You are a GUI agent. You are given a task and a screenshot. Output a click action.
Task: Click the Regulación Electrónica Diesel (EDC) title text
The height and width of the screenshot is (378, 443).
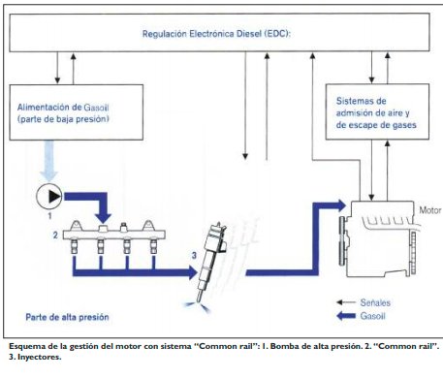click(x=216, y=34)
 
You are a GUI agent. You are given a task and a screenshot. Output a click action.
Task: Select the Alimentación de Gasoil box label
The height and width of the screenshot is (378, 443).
click(x=63, y=113)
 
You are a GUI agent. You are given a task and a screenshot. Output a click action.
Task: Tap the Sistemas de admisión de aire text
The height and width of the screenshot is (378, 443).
click(x=376, y=112)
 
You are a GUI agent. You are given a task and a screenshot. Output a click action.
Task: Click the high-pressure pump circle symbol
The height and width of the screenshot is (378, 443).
click(x=49, y=196)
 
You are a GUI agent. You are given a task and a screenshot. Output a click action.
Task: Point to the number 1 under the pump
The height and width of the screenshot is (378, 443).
click(x=49, y=216)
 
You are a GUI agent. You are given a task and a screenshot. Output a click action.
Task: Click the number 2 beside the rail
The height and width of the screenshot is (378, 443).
click(x=55, y=236)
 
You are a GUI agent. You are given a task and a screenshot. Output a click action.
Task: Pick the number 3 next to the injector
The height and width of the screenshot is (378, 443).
click(x=194, y=256)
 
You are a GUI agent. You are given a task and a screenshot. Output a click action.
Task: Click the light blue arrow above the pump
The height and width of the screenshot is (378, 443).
click(x=48, y=161)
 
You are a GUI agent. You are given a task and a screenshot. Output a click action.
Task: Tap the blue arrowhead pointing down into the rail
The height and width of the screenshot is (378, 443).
click(x=103, y=218)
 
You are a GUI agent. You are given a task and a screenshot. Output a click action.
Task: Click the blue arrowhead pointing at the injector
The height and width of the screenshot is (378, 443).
click(x=193, y=272)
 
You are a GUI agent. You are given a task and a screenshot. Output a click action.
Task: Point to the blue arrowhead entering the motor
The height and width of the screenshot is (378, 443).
click(x=341, y=205)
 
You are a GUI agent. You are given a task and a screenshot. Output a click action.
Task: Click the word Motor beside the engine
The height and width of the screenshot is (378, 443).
click(x=430, y=210)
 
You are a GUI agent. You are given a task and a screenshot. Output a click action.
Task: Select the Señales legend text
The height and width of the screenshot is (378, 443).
click(x=375, y=302)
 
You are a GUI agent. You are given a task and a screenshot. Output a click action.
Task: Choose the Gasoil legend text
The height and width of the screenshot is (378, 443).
click(x=372, y=316)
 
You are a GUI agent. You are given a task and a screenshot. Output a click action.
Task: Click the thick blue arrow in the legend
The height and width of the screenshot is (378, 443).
click(x=346, y=316)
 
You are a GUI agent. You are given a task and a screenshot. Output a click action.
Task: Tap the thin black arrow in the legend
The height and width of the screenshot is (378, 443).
click(x=346, y=302)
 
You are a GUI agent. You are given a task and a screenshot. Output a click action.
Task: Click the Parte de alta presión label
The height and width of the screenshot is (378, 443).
click(x=67, y=317)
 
